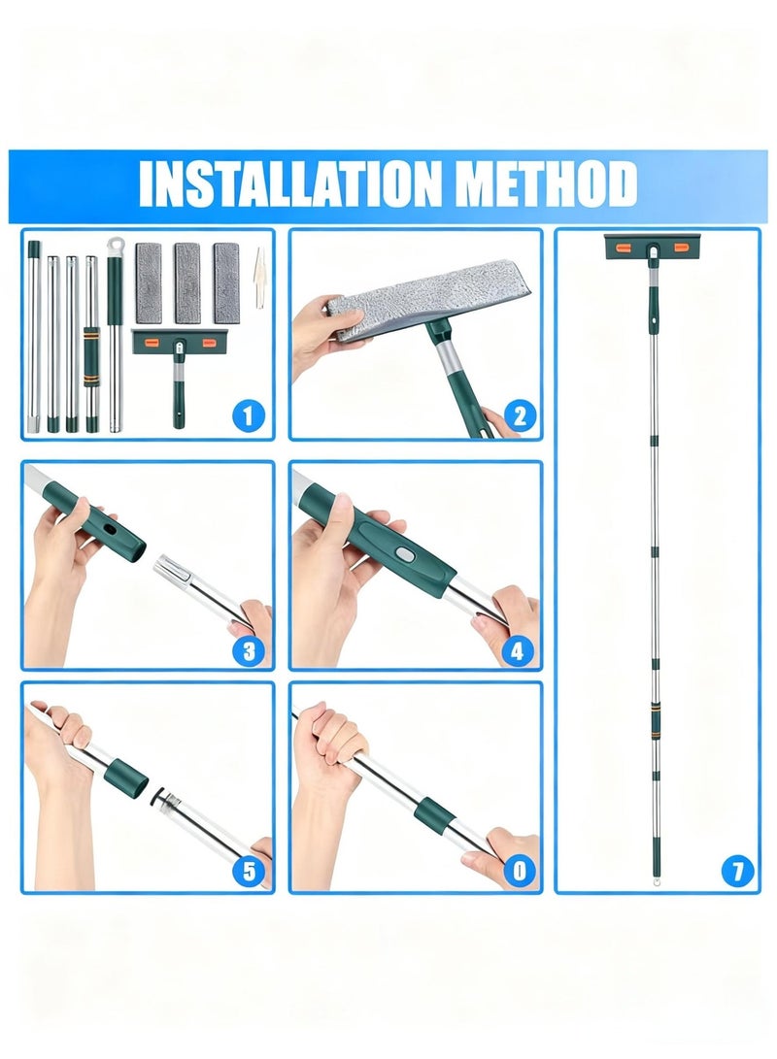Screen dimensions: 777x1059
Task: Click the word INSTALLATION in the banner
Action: (289, 183)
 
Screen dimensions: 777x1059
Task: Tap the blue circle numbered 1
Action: (248, 414)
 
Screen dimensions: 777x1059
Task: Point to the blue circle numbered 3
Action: (249, 651)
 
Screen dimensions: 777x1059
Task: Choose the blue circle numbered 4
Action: (518, 651)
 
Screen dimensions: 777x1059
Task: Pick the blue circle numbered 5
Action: (250, 872)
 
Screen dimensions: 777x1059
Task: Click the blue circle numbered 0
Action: (519, 871)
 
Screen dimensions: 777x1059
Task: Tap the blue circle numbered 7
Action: (737, 871)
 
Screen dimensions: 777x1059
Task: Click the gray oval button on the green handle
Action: (404, 554)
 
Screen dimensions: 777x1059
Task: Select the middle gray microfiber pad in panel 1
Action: (187, 282)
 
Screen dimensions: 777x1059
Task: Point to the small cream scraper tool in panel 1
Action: (258, 279)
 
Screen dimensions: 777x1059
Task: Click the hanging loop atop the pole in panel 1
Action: (116, 246)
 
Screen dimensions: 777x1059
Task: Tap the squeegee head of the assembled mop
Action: (652, 247)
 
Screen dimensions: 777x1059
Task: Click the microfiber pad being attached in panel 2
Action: (429, 296)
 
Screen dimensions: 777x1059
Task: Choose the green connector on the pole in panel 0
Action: (433, 814)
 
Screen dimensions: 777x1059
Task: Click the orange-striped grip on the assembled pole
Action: (655, 720)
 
